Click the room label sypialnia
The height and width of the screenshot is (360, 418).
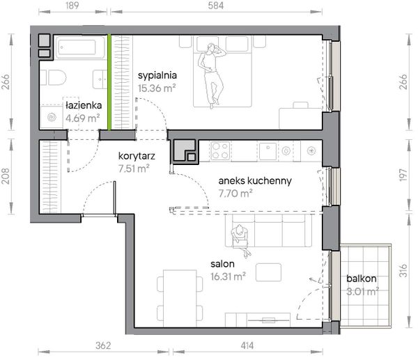tap(157, 76)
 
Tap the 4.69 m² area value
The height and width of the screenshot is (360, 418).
tap(83, 118)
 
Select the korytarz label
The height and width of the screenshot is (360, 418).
tap(137, 156)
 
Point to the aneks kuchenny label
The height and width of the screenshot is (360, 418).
tap(255, 180)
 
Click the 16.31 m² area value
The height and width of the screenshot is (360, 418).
tap(228, 276)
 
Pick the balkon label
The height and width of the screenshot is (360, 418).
tap(361, 279)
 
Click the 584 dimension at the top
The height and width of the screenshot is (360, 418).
tap(216, 6)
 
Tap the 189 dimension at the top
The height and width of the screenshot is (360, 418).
tap(72, 6)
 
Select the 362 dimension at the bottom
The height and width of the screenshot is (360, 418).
tap(103, 345)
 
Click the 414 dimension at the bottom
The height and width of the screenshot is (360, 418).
tap(247, 345)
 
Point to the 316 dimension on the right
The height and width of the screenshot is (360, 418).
tap(404, 270)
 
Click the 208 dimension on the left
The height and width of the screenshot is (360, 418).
tap(6, 176)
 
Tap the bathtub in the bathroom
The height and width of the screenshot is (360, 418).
tap(79, 47)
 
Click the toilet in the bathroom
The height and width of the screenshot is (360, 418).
tap(54, 77)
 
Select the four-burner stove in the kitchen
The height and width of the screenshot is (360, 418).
tap(220, 151)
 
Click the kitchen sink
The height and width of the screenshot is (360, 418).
tap(268, 151)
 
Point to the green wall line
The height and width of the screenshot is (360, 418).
tap(109, 82)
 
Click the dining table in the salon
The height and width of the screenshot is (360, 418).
tap(180, 298)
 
